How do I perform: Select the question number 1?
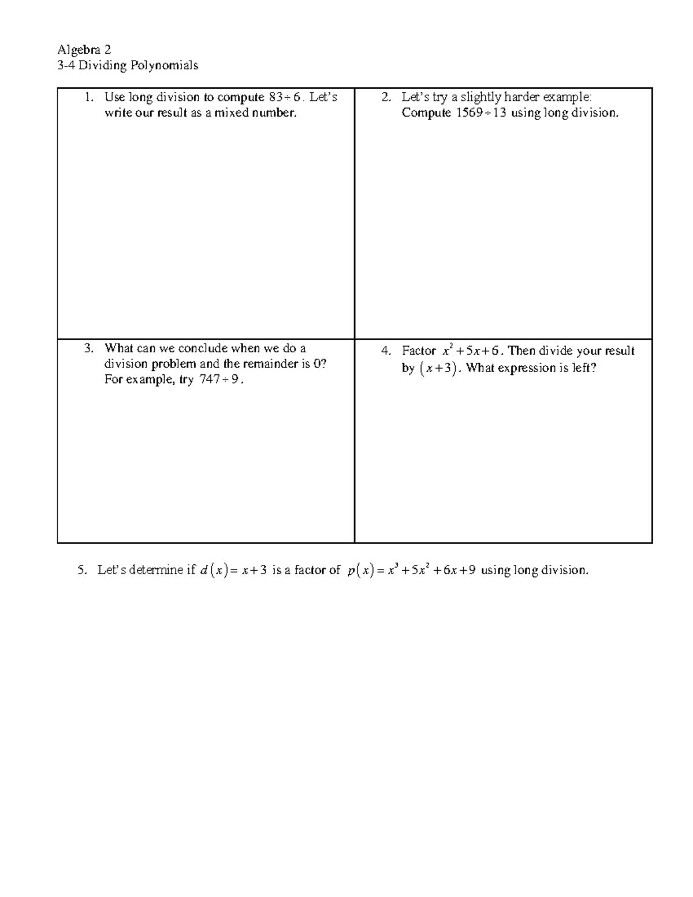[88, 97]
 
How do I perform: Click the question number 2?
[386, 97]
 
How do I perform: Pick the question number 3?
[88, 348]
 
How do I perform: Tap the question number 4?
[386, 351]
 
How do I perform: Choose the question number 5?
[81, 570]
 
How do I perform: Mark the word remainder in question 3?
[271, 364]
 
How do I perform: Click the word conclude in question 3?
[203, 348]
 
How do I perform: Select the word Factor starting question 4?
[419, 351]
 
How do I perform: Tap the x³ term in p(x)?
[393, 570]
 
